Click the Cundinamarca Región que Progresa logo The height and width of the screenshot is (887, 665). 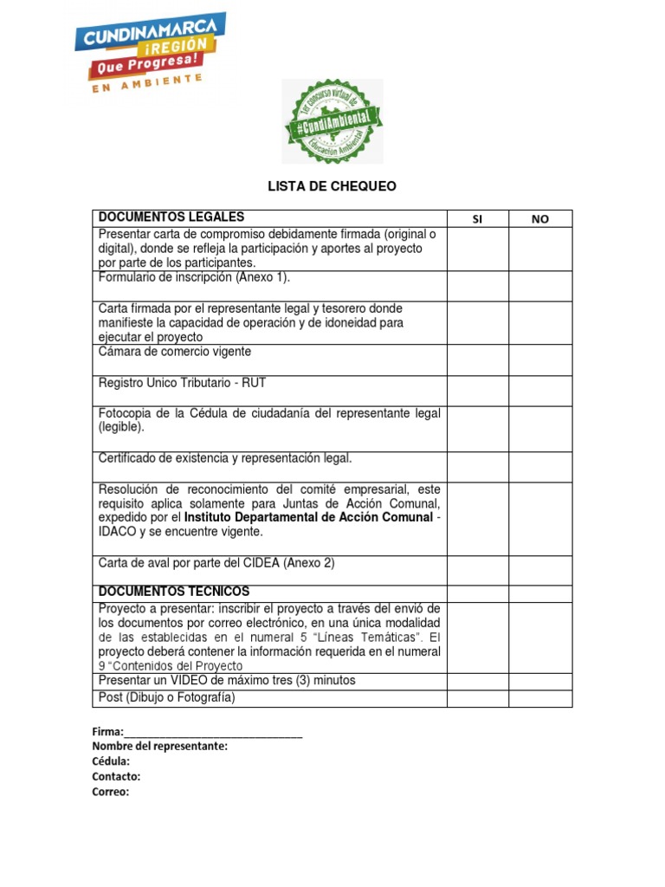[x=149, y=51]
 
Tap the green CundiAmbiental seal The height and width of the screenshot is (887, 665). [x=332, y=121]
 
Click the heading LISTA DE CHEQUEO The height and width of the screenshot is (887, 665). [x=332, y=186]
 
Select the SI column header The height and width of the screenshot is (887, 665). [x=476, y=219]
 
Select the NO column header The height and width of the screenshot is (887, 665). [x=539, y=219]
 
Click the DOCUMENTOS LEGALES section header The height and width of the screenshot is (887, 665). [x=171, y=217]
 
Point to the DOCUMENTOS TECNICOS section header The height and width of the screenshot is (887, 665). [x=174, y=591]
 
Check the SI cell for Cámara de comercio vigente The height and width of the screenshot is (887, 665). [x=476, y=360]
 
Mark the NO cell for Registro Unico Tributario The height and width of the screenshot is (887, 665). [x=539, y=391]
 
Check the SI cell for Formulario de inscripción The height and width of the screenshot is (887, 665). [x=476, y=285]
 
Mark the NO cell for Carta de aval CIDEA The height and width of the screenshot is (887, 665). [x=539, y=570]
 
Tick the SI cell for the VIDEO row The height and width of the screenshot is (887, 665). [x=476, y=682]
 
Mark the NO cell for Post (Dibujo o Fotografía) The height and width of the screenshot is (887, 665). [x=539, y=698]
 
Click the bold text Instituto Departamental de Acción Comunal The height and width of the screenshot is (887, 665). [x=308, y=517]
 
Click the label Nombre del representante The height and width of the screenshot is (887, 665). [x=160, y=747]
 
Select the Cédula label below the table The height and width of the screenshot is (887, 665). [x=112, y=761]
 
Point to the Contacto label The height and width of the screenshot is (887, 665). [x=116, y=776]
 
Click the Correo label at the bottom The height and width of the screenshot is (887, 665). [x=111, y=791]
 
